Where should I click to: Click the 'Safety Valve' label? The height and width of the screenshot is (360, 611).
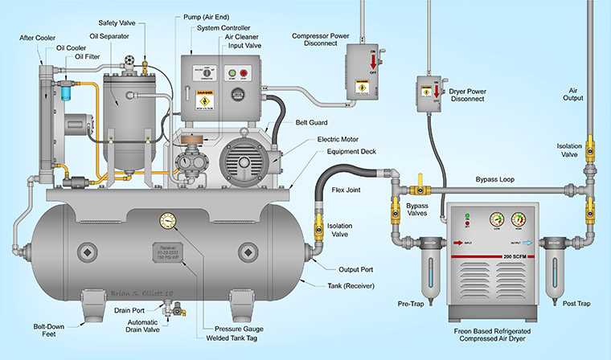[x=117, y=22]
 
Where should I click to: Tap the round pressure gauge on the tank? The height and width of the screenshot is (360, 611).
[x=169, y=221]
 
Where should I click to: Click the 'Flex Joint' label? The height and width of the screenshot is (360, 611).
[x=348, y=190]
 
